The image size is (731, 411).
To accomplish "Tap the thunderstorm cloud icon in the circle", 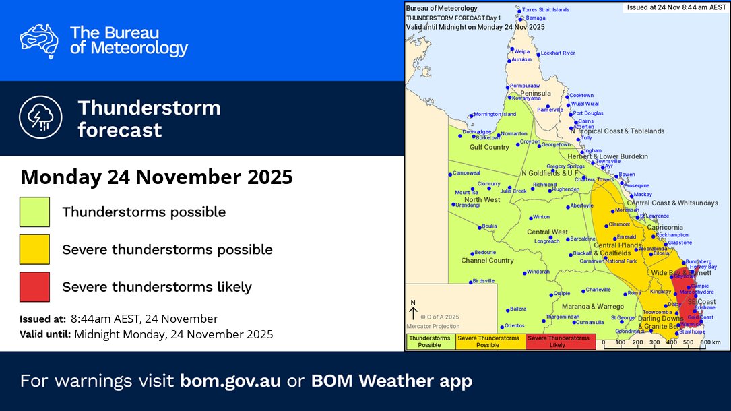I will click(x=40, y=118).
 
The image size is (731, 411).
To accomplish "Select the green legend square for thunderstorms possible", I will click(x=34, y=212).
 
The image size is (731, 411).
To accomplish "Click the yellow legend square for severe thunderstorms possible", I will click(x=34, y=249).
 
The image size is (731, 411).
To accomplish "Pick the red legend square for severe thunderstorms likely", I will click(x=34, y=286).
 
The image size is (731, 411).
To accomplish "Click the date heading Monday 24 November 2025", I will click(x=156, y=177).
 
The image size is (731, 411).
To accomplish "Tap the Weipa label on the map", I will click(x=522, y=51).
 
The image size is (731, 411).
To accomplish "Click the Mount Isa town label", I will click(x=466, y=193).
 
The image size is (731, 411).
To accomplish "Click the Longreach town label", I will click(x=546, y=241).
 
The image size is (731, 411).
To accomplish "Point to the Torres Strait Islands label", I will click(x=546, y=10).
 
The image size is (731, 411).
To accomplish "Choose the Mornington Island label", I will click(x=495, y=114).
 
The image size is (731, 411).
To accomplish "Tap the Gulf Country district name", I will click(x=489, y=147).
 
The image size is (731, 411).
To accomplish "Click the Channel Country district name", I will click(x=487, y=260).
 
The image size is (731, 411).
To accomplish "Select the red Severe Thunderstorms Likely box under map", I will click(x=561, y=342).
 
